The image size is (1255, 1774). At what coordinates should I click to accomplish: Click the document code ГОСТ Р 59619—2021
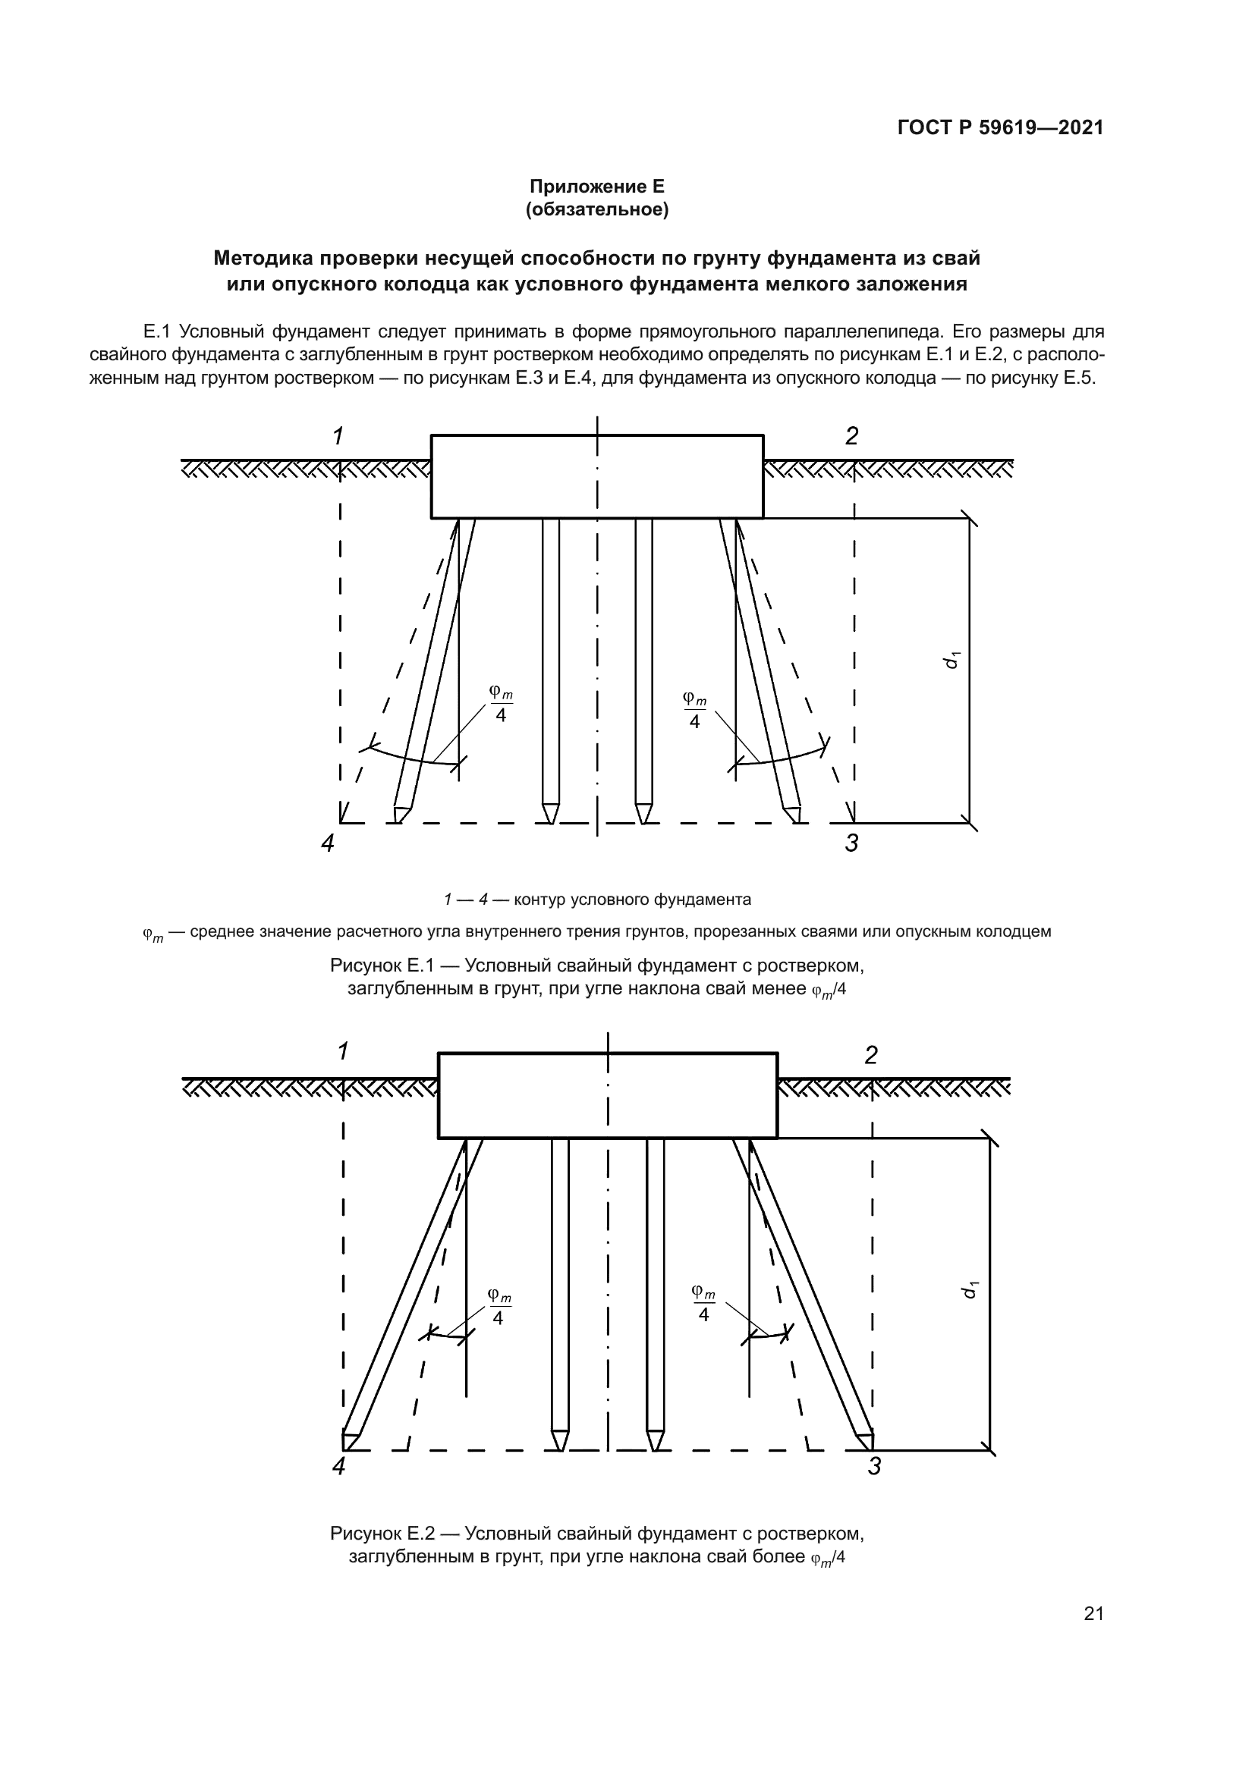1000,127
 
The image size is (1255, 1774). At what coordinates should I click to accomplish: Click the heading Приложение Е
596,187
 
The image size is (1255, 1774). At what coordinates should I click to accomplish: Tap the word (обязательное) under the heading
596,209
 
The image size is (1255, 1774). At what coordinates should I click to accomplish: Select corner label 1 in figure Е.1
338,437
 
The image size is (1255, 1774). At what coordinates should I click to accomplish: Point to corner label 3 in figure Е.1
851,843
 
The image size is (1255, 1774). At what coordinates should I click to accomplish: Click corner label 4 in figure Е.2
338,1466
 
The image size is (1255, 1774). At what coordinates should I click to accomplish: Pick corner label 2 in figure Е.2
871,1056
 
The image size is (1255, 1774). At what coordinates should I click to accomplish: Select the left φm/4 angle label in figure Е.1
501,704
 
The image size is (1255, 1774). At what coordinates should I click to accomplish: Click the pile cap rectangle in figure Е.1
596,477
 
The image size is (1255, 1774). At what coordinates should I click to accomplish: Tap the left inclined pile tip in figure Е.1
401,815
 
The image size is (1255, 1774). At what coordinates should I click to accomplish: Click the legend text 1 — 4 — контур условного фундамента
596,900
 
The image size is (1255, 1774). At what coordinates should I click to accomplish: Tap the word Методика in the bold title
262,257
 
